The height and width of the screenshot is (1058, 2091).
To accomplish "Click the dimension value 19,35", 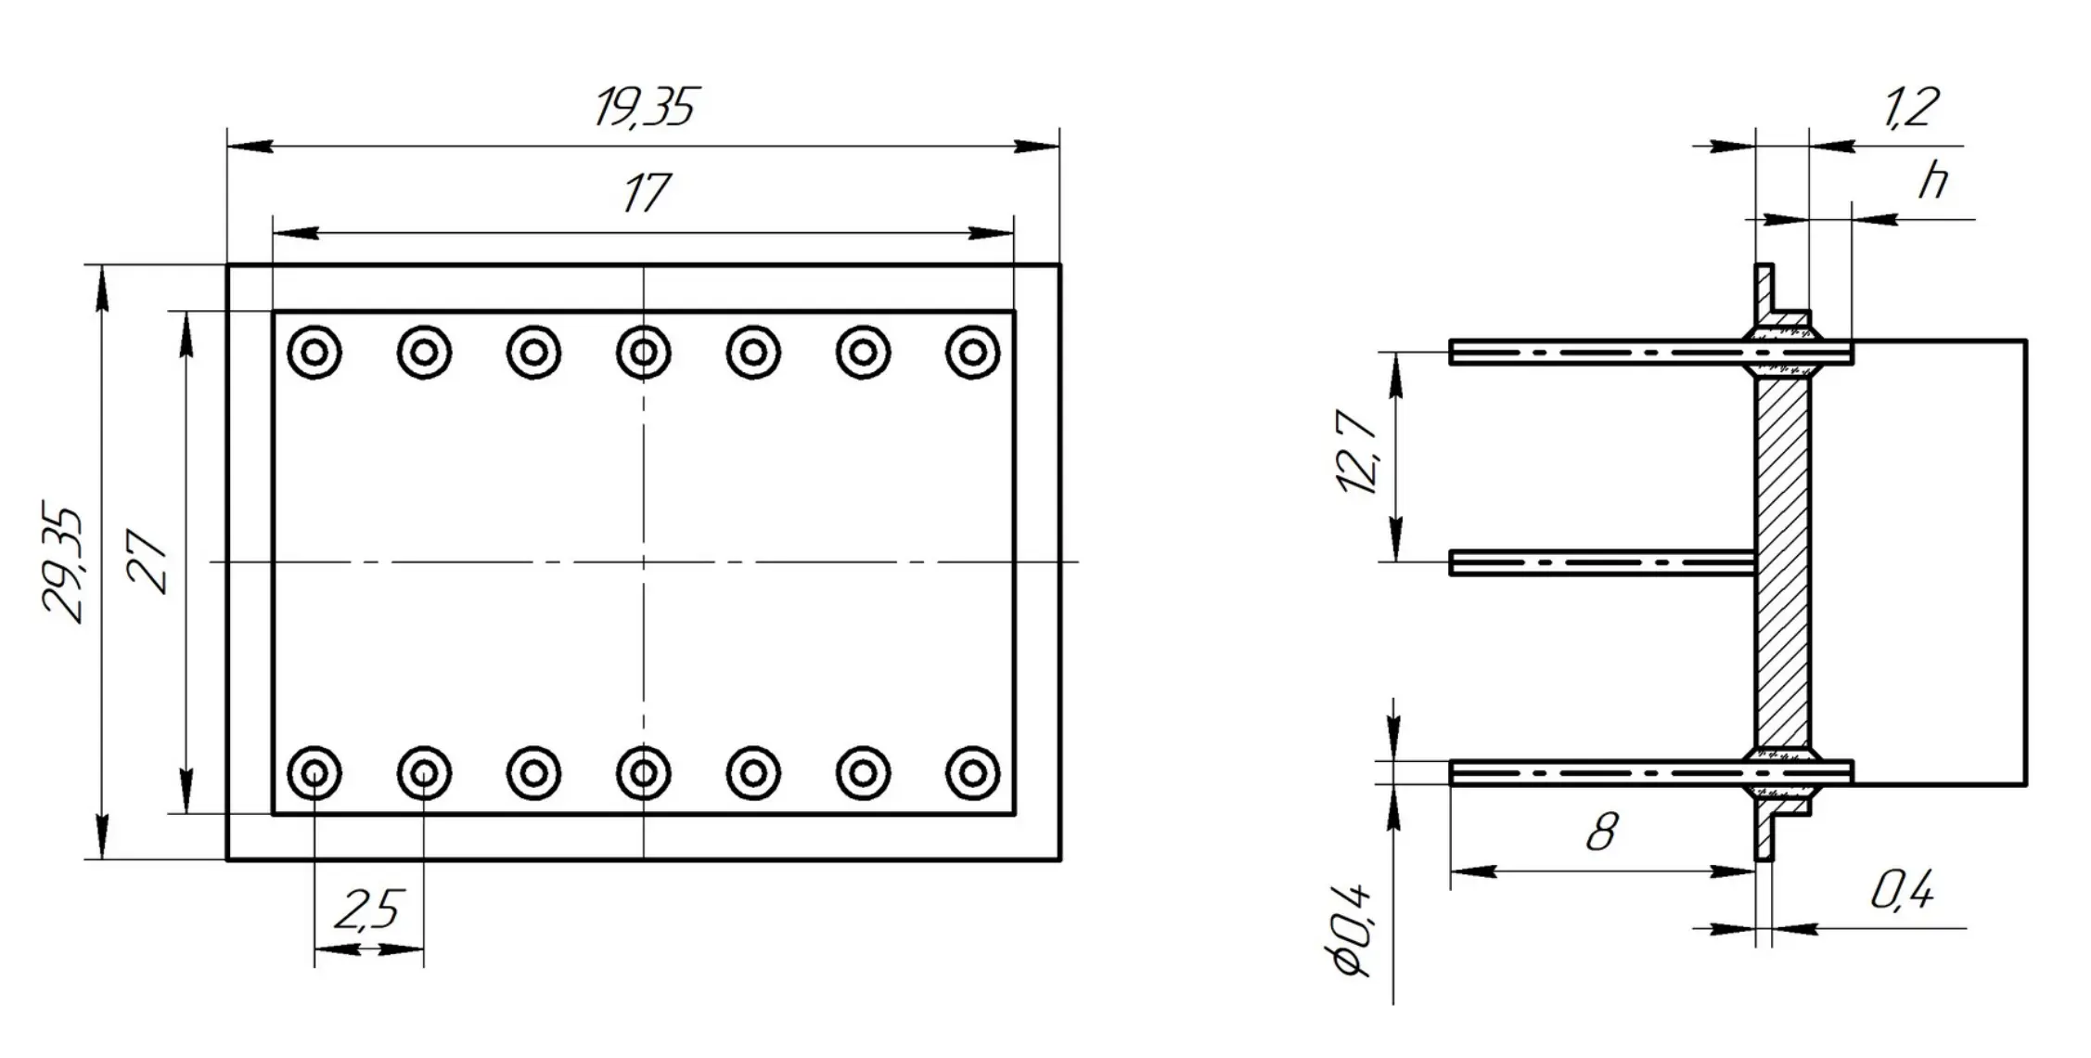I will [x=644, y=108].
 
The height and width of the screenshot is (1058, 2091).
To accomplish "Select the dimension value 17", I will [x=646, y=193].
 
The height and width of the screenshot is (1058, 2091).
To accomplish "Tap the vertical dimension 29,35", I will [x=63, y=563].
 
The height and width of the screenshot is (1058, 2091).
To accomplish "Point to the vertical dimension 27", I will [x=148, y=561].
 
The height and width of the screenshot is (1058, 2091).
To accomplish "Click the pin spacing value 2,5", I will [x=369, y=910].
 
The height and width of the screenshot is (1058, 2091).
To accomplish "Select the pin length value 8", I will [x=1602, y=832].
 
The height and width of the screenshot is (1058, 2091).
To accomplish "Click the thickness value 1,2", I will [x=1910, y=108].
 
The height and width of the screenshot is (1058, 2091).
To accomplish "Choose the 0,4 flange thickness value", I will [x=1902, y=892].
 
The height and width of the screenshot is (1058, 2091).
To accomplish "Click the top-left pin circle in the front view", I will [x=314, y=353].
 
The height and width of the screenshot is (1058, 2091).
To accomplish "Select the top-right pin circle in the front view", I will [x=972, y=353].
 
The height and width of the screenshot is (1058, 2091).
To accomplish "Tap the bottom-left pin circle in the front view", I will [x=314, y=772].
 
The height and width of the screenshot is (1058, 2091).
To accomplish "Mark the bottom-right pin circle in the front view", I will [x=972, y=772].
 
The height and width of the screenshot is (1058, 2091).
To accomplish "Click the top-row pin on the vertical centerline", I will [x=644, y=353].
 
